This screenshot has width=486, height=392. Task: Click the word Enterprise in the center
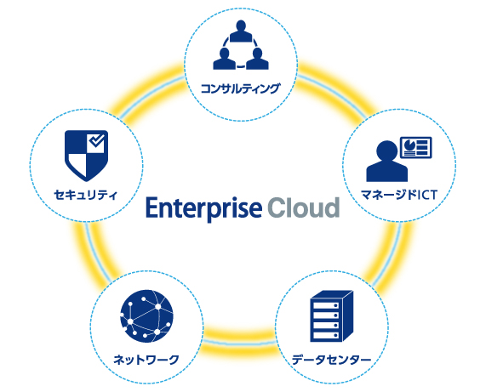[x=204, y=208]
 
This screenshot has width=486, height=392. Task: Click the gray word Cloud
[x=304, y=207]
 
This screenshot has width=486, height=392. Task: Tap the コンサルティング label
[x=241, y=88]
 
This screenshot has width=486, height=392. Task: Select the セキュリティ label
[x=86, y=195]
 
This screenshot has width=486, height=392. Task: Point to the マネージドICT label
[x=399, y=195]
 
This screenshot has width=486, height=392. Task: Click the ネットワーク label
[x=146, y=360]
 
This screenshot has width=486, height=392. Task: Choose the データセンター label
[x=331, y=360]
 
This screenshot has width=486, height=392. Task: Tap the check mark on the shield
[x=97, y=141]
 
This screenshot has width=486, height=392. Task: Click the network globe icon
[x=146, y=316]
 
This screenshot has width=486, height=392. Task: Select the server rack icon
[x=332, y=316]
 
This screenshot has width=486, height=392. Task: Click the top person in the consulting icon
[x=241, y=31]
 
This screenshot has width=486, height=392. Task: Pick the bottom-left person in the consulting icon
[x=225, y=59]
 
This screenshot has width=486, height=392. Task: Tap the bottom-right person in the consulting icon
[x=257, y=59]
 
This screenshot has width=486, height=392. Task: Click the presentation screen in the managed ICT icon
[x=415, y=147]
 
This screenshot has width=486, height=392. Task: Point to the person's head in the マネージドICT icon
[x=386, y=151]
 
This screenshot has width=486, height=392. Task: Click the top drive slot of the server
[x=326, y=305]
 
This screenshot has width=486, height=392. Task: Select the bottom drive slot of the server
[x=326, y=335]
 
